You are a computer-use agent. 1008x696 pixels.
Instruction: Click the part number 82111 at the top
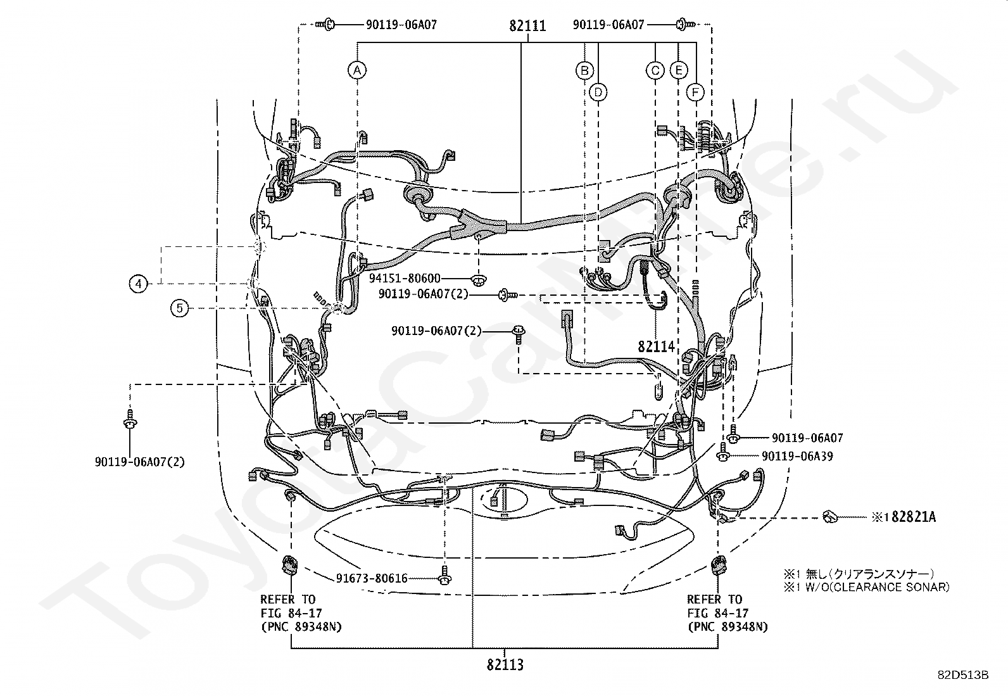point(527,26)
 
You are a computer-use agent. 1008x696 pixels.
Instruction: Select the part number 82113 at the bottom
point(505,665)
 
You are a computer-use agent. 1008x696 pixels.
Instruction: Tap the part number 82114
point(657,346)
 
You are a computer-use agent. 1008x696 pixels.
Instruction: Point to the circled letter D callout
point(598,92)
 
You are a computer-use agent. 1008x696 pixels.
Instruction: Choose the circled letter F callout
point(695,92)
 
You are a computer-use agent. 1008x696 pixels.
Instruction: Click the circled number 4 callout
point(139,283)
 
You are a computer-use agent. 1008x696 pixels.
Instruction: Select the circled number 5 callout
point(180,308)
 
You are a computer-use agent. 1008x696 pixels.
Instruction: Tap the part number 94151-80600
point(405,279)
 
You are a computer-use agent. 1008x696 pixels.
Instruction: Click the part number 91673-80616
point(372,578)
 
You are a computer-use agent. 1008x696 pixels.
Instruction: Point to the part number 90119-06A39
point(797,456)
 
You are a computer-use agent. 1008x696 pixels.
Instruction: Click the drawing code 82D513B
point(963,675)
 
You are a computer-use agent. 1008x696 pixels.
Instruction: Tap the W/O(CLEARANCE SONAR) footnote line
point(867,587)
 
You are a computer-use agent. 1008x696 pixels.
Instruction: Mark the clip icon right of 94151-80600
point(479,279)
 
